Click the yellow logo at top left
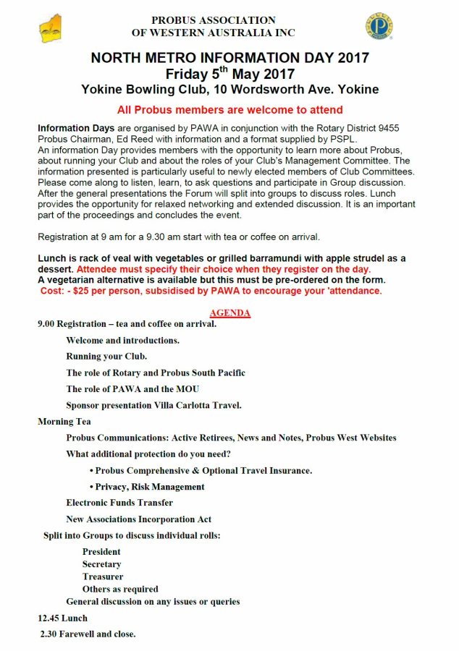point(50,28)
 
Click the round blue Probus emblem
point(379,26)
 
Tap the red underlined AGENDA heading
point(230,313)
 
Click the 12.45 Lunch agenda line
point(62,618)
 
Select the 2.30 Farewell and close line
point(88,634)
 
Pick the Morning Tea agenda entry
point(64,421)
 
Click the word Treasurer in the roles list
point(103,576)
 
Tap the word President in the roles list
point(101,552)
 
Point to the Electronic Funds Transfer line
point(119,503)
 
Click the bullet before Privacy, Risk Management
point(91,487)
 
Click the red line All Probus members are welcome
point(230,110)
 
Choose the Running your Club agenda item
point(106,357)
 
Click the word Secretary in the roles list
point(101,564)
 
